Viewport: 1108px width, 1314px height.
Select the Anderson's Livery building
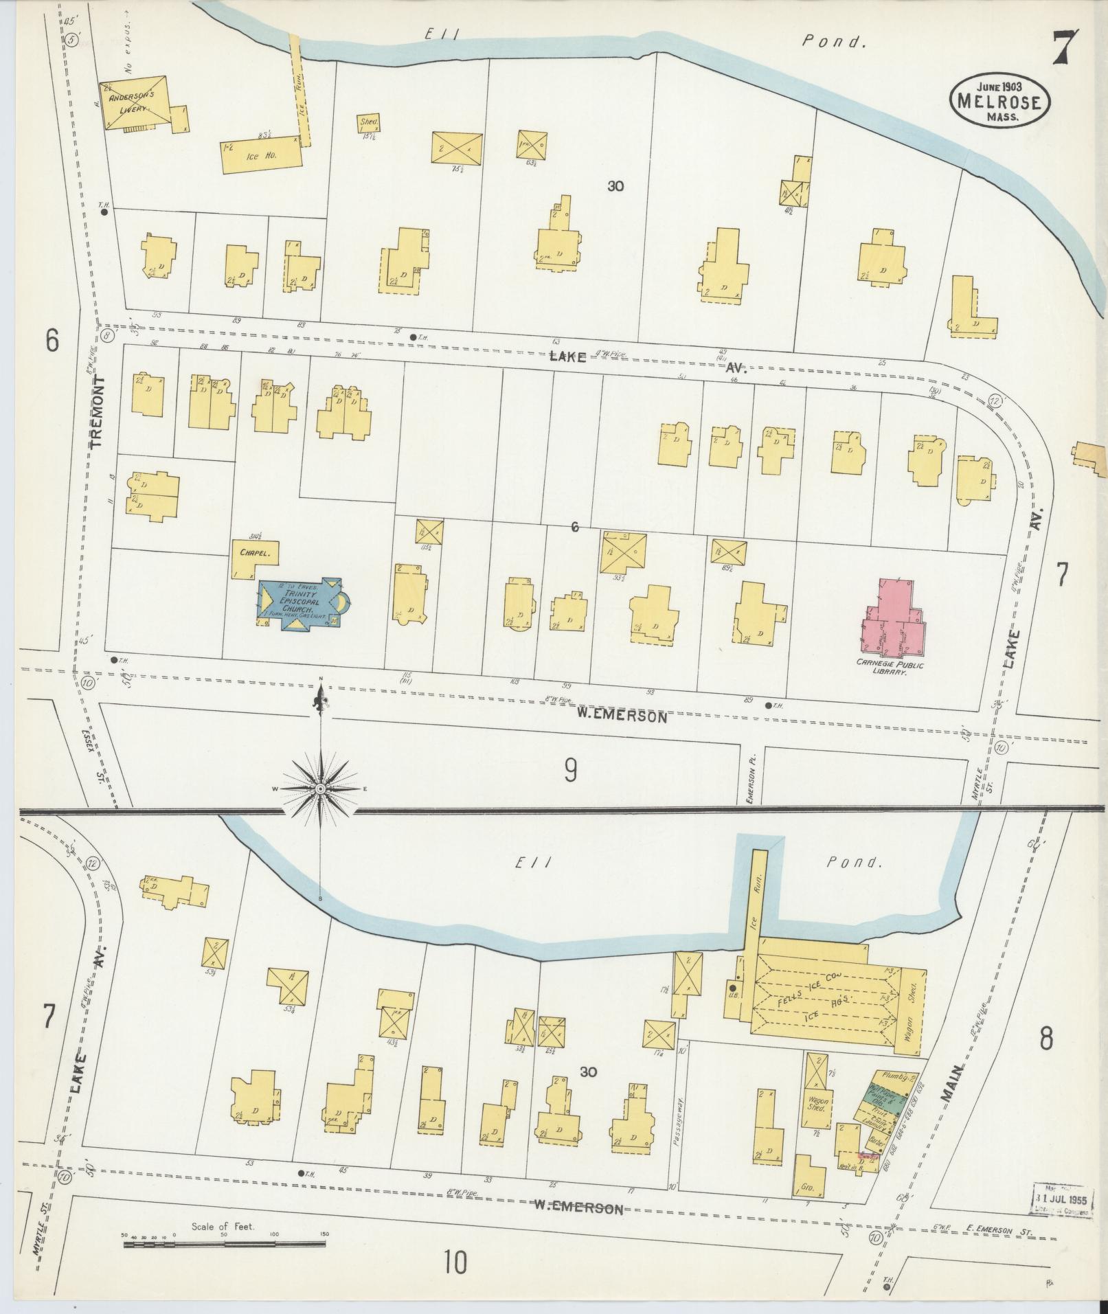point(135,102)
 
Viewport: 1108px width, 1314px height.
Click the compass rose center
point(320,789)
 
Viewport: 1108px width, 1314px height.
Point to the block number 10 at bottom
point(454,1262)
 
